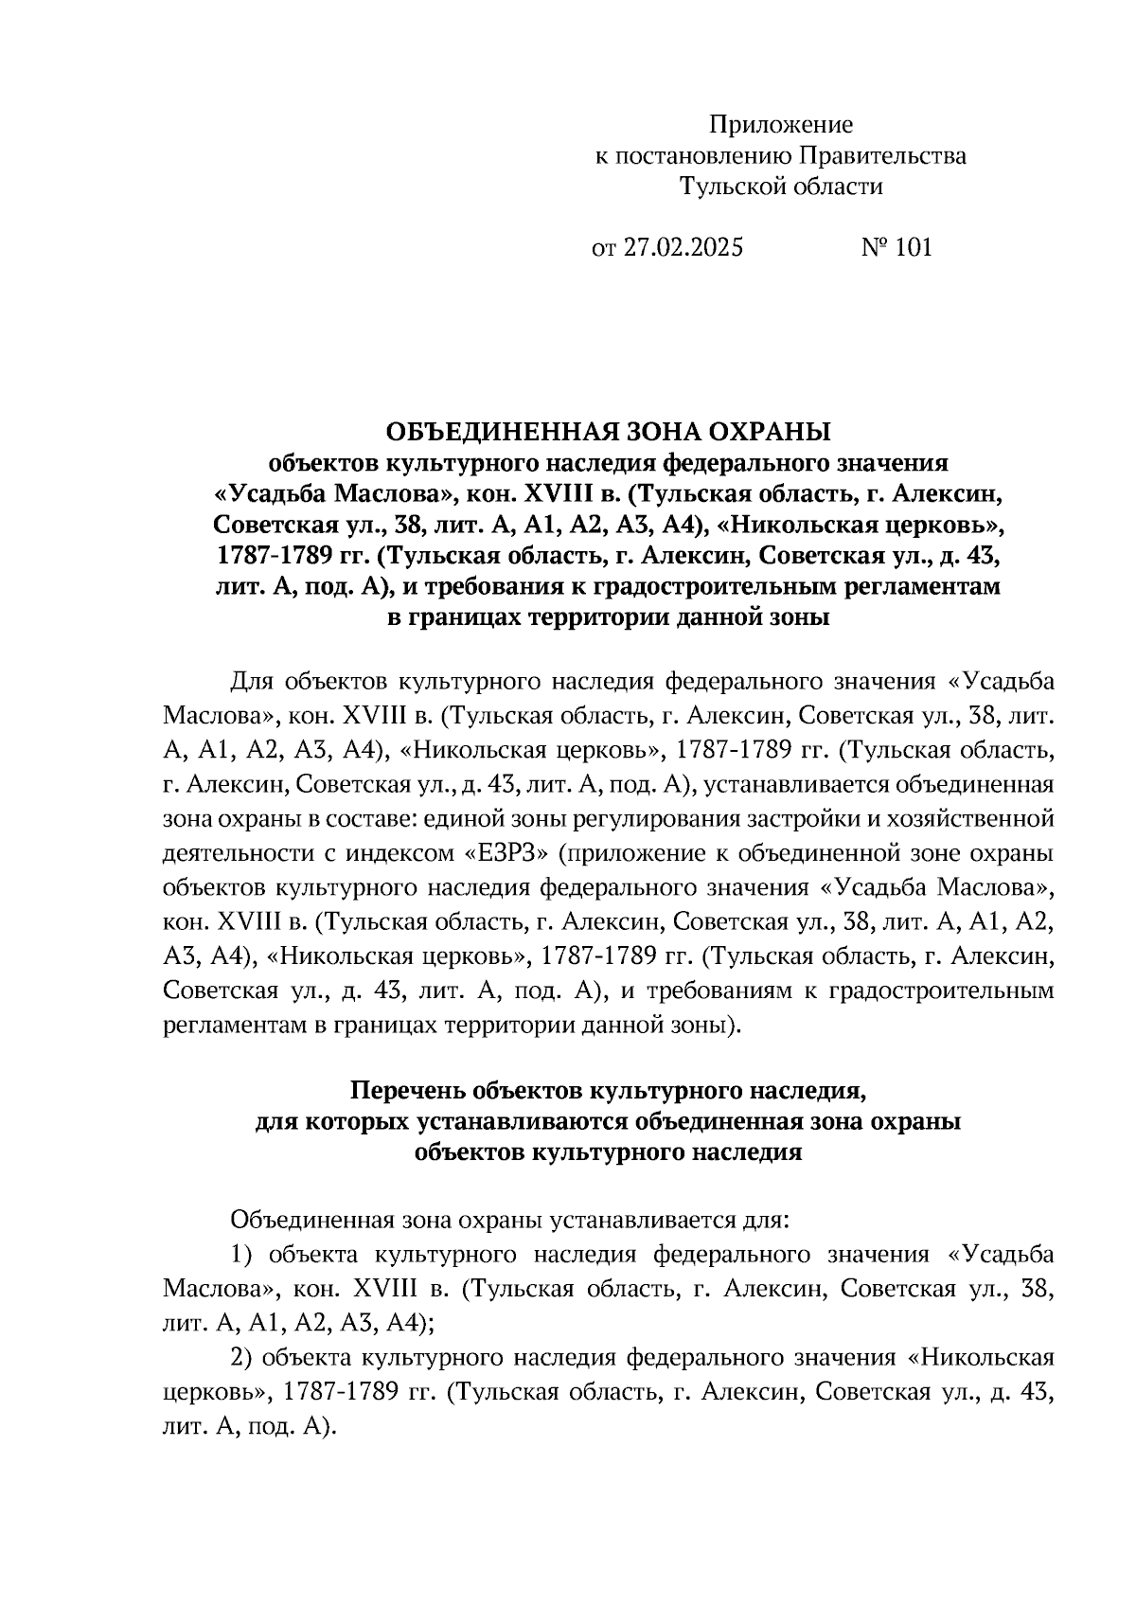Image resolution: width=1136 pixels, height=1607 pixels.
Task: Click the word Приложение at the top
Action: pyautogui.click(x=781, y=125)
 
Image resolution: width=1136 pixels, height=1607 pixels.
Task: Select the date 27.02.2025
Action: pyautogui.click(x=683, y=248)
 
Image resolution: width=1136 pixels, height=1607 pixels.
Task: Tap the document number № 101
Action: pyautogui.click(x=896, y=248)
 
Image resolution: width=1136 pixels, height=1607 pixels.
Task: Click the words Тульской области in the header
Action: pyautogui.click(x=781, y=187)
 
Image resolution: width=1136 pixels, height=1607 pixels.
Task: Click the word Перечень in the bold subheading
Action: pyautogui.click(x=408, y=1092)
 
